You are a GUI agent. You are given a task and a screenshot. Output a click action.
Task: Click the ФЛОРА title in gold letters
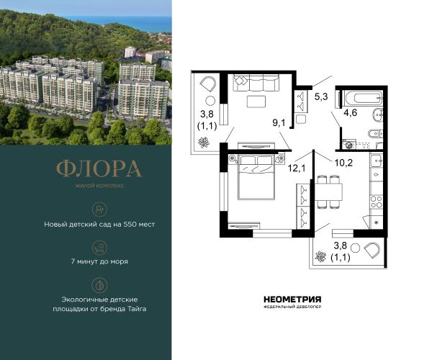pos(99,168)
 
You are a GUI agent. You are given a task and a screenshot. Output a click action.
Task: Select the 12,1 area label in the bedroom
pos(297,168)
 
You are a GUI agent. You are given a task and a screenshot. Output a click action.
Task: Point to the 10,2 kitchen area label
pos(343,163)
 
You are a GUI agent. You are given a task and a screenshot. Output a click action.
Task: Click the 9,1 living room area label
pos(279,123)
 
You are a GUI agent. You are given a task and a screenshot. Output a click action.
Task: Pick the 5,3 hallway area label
pos(321,96)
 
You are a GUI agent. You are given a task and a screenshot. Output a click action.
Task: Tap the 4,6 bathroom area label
pos(350,112)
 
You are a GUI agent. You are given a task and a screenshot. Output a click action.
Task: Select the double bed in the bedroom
pos(256,177)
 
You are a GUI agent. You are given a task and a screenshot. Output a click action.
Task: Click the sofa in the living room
pos(256,82)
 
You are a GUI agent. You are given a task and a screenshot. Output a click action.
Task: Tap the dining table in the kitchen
pos(328,192)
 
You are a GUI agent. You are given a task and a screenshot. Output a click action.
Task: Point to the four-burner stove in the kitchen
pos(376,202)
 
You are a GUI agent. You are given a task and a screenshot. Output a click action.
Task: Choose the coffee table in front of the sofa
pos(256,101)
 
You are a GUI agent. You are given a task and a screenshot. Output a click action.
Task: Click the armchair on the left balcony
pos(207,84)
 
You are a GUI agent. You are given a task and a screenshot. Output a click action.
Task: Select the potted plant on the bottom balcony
pos(320,256)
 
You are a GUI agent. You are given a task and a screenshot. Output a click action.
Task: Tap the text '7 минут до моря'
pos(99,261)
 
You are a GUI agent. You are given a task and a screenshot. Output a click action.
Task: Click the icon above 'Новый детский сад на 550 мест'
pos(99,210)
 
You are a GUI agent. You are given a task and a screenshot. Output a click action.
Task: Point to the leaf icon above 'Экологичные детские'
pos(99,285)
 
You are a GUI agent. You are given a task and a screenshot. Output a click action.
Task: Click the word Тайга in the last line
pos(137,309)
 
